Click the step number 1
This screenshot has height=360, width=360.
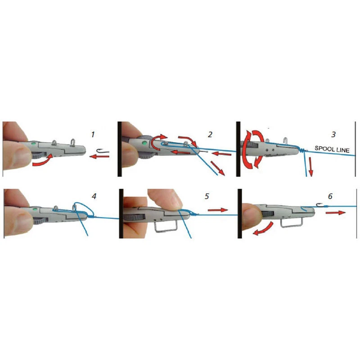pyautogui.click(x=93, y=134)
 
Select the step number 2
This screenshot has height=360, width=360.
pyautogui.click(x=210, y=134)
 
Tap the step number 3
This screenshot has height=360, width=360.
pyautogui.click(x=333, y=134)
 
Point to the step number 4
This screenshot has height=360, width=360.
pyautogui.click(x=94, y=196)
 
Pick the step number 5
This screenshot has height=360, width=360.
pyautogui.click(x=207, y=196)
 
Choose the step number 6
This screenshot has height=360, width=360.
pyautogui.click(x=330, y=196)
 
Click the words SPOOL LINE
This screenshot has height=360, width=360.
pyautogui.click(x=332, y=149)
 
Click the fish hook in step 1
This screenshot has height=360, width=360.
pyautogui.click(x=103, y=151)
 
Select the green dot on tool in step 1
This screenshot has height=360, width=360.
pyautogui.click(x=34, y=144)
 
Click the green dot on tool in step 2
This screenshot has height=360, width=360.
pyautogui.click(x=144, y=143)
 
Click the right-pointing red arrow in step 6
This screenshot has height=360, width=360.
pyautogui.click(x=335, y=213)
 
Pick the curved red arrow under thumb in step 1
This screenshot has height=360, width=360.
pyautogui.click(x=43, y=161)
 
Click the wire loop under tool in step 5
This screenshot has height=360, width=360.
pyautogui.click(x=165, y=230)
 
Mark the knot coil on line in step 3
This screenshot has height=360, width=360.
pyautogui.click(x=302, y=150)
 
